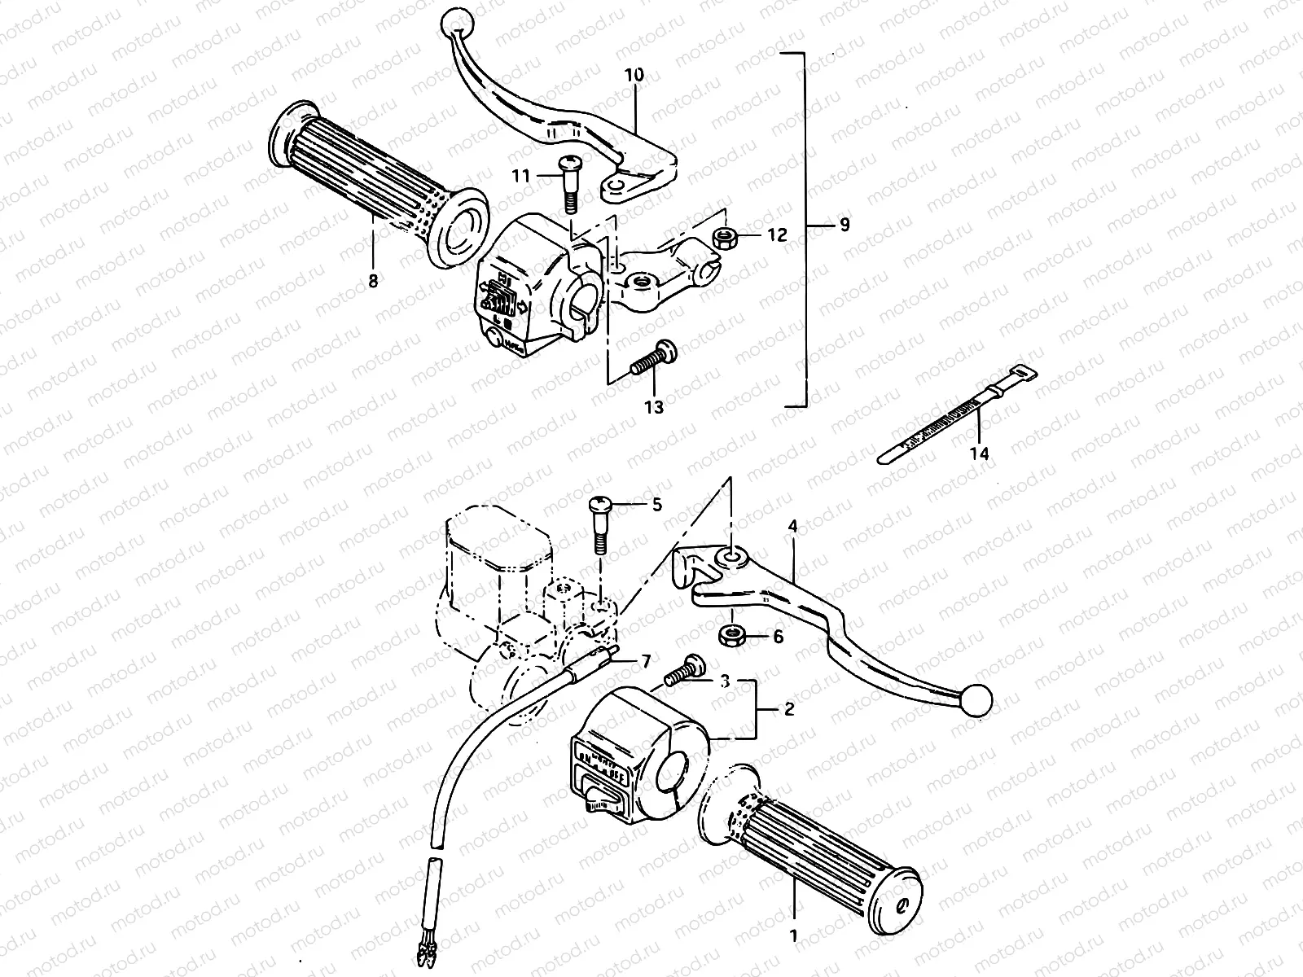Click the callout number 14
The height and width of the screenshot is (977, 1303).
coord(980,453)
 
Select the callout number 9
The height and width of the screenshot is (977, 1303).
coord(844,224)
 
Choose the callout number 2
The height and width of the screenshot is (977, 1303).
coord(788,709)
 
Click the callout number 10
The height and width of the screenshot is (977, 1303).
coord(634,76)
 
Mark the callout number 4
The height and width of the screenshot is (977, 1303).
coord(792,527)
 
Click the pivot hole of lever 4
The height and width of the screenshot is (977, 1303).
coord(729,557)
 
